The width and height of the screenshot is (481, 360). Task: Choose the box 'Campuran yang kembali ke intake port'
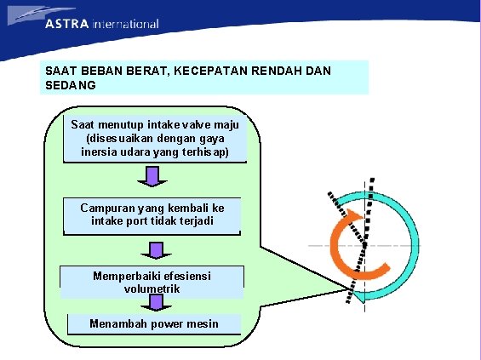(152, 214)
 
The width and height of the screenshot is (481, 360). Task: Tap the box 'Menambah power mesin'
(154, 323)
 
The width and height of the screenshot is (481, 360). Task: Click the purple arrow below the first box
(153, 176)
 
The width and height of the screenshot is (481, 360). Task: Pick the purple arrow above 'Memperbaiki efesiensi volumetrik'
(154, 250)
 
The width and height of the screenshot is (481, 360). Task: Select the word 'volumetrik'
(152, 289)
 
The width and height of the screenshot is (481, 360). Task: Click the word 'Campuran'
(106, 208)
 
